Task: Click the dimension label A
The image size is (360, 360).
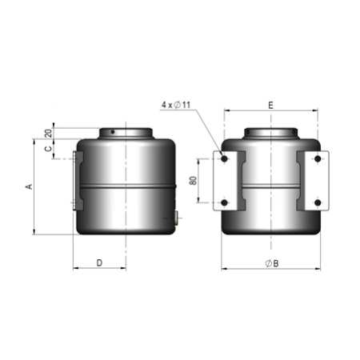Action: (x=29, y=186)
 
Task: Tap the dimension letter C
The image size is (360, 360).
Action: (x=48, y=148)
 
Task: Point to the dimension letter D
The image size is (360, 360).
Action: (x=99, y=262)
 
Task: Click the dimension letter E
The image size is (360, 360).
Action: (x=270, y=105)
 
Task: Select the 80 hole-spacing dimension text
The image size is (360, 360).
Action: (x=193, y=181)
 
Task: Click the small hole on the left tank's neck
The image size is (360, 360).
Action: (x=114, y=132)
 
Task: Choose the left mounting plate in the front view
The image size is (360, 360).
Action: (x=229, y=181)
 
